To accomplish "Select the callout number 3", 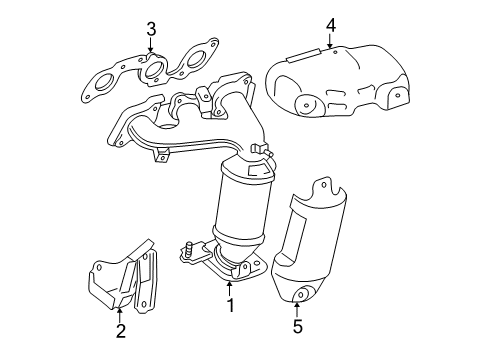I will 149,28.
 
